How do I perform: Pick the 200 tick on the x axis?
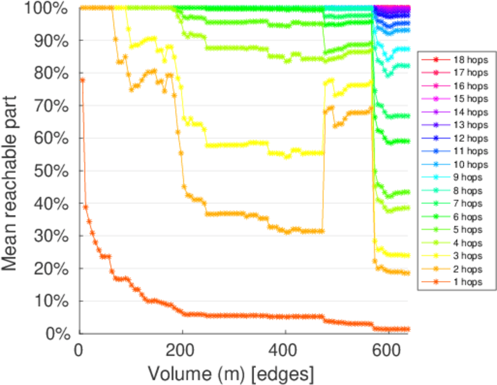tap(182, 352)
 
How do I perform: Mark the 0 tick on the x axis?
tap(80, 352)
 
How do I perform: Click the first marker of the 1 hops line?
tap(82, 80)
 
